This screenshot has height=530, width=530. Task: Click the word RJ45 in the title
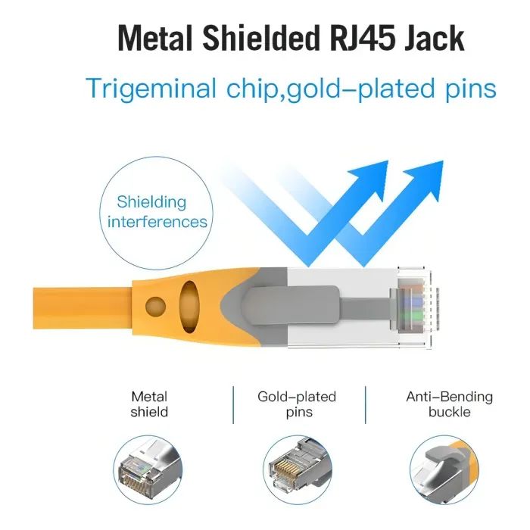pyautogui.click(x=355, y=37)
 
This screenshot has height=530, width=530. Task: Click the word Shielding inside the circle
pyautogui.click(x=151, y=202)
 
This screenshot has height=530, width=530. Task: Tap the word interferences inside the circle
pyautogui.click(x=157, y=222)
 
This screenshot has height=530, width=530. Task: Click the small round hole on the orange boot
pyautogui.click(x=155, y=306)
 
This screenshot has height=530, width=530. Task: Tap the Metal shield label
pyautogui.click(x=149, y=404)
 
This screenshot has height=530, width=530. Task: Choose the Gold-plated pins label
pyautogui.click(x=297, y=404)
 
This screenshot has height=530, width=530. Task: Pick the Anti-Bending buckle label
pyautogui.click(x=449, y=404)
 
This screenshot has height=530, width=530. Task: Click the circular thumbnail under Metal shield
pyautogui.click(x=149, y=467)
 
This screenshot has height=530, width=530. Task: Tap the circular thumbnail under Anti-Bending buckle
pyautogui.click(x=446, y=467)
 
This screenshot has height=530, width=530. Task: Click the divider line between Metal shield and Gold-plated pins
pyautogui.click(x=231, y=405)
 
